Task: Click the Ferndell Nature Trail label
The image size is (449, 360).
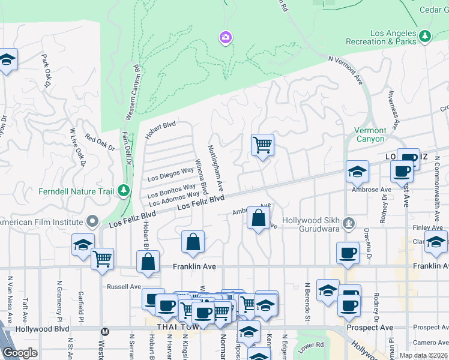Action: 76,191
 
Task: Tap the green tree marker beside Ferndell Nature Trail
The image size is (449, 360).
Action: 124,190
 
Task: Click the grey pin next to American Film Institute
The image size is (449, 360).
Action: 92,223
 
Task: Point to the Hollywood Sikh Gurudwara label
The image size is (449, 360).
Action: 312,225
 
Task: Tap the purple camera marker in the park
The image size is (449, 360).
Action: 226,38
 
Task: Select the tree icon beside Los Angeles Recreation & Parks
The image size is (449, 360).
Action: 425,36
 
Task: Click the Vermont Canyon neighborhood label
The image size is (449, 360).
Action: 370,134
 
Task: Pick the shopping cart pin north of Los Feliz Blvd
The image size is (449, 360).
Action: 262,145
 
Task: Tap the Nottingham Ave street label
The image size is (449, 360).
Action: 216,167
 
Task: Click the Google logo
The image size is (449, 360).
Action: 20,353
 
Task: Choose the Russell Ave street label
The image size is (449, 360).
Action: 124,287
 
